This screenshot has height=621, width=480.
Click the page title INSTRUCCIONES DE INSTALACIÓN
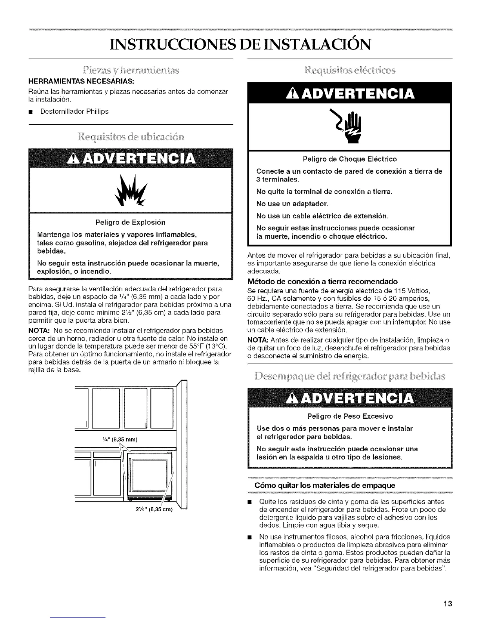[240, 44]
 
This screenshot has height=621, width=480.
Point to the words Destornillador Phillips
[74, 111]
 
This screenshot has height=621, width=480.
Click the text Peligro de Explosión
[131, 222]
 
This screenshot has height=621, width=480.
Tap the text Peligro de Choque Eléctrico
[349, 159]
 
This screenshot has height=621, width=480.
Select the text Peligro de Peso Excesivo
[349, 416]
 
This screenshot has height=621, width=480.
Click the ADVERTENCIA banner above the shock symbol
[349, 94]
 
